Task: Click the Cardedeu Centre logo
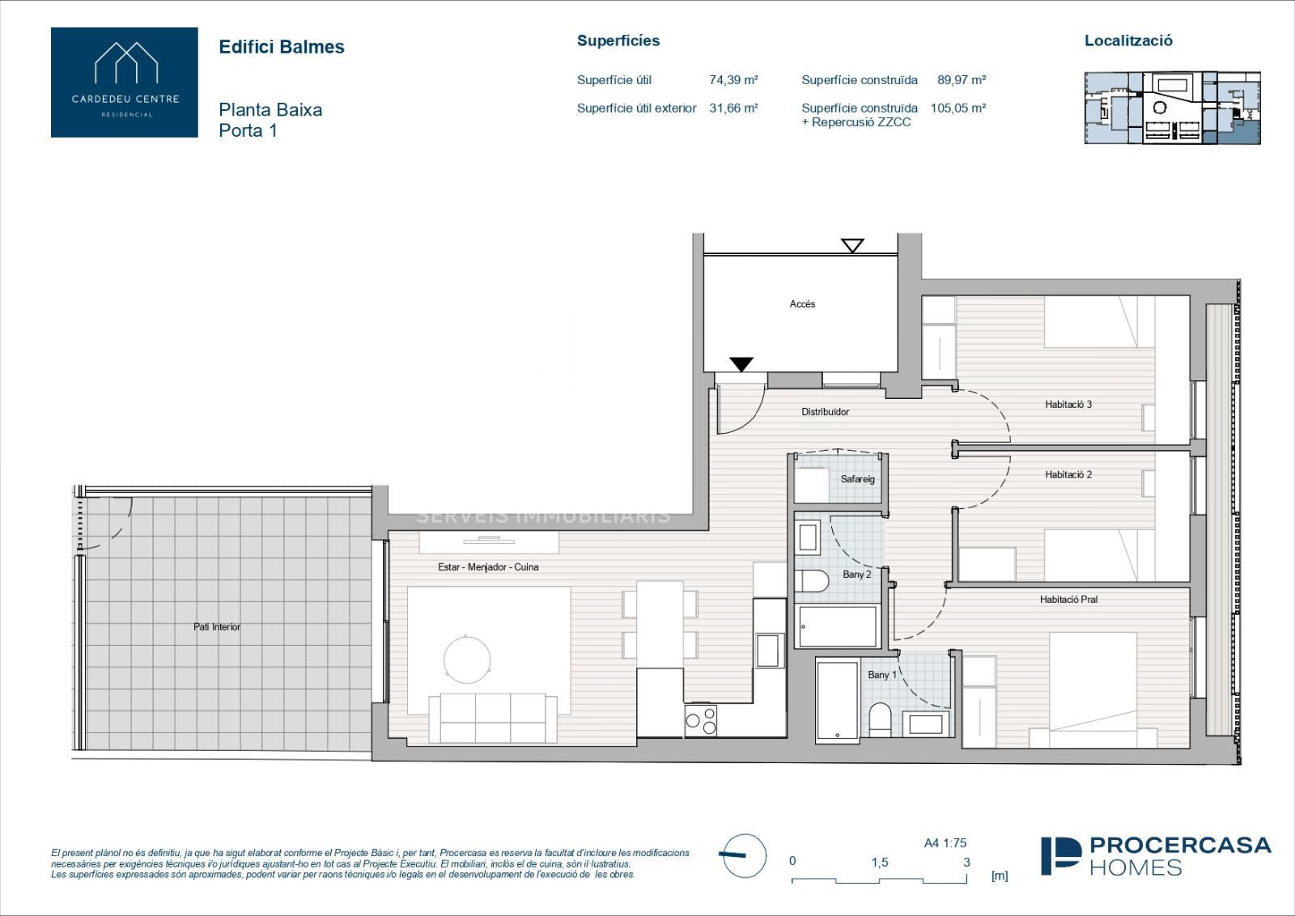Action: coord(125,82)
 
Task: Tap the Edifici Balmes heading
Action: coord(282,47)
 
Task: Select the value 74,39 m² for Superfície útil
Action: coord(733,80)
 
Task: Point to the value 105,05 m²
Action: coord(958,108)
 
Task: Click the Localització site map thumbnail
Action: coord(1173,108)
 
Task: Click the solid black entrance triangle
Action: coord(741,364)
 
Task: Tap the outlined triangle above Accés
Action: coord(853,246)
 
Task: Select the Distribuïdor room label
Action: coord(825,412)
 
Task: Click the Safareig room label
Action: coord(857,479)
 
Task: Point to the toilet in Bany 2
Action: coord(812,581)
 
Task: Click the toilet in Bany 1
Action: coord(880,720)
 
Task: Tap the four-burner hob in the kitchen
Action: coord(701,721)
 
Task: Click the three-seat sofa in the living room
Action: coord(493,718)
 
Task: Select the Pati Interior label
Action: coord(217,627)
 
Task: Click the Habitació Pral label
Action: coord(1068,600)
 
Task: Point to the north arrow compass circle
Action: coord(745,856)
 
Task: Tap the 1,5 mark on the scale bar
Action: coord(880,863)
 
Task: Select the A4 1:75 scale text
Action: coord(945,843)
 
